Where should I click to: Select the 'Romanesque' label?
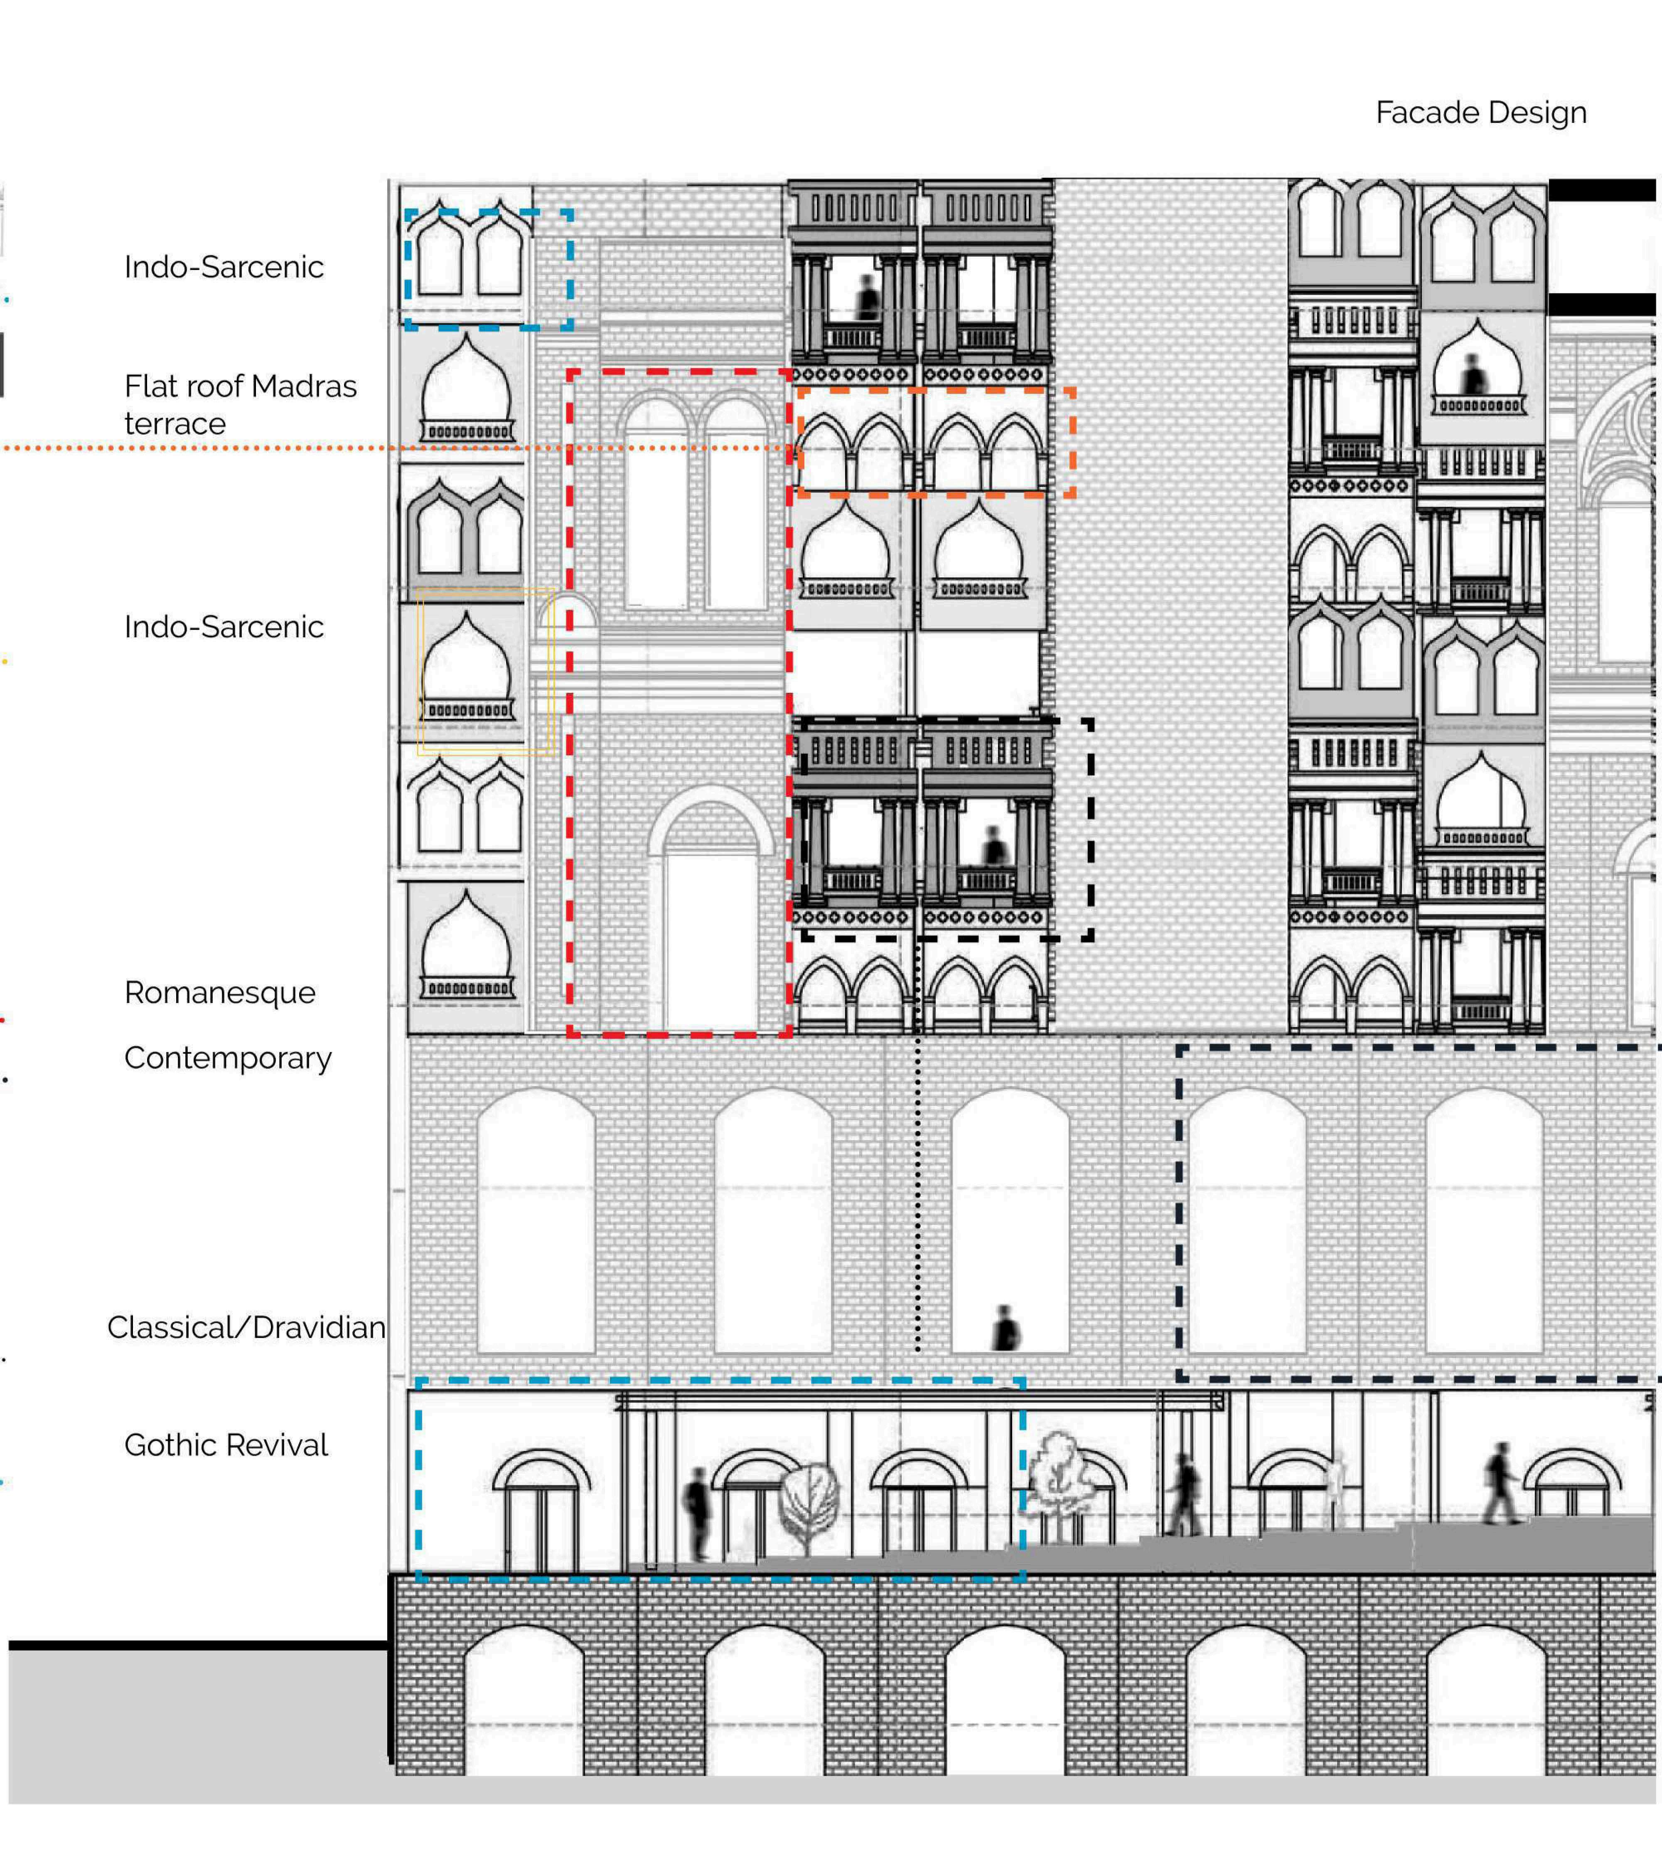click(219, 993)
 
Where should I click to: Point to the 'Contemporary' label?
click(228, 1058)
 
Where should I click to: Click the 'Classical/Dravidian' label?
click(246, 1327)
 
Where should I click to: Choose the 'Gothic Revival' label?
click(226, 1445)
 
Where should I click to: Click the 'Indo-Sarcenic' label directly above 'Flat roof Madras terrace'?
click(224, 267)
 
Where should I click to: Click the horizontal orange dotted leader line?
click(274, 448)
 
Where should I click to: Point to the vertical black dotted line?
click(917, 1189)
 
